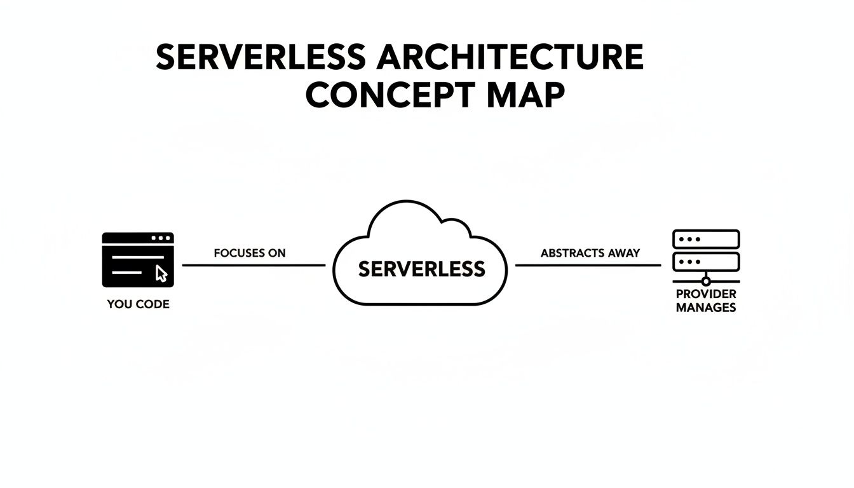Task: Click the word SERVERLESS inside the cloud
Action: pyautogui.click(x=421, y=269)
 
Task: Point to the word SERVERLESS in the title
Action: pyautogui.click(x=261, y=58)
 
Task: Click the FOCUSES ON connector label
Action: pyautogui.click(x=250, y=253)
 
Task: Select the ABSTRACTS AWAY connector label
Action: pyautogui.click(x=590, y=253)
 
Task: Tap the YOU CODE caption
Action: pyautogui.click(x=138, y=304)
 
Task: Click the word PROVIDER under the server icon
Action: pyautogui.click(x=706, y=294)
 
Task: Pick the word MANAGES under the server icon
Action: pyautogui.click(x=706, y=308)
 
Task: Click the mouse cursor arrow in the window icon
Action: pyautogui.click(x=161, y=273)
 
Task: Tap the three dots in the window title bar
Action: pyautogui.click(x=161, y=238)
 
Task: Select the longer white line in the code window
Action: pyautogui.click(x=137, y=257)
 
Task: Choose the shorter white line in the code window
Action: pyautogui.click(x=127, y=273)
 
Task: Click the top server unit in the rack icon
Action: pyautogui.click(x=706, y=240)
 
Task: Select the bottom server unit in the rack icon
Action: pyautogui.click(x=706, y=261)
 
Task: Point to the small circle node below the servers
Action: pyautogui.click(x=706, y=281)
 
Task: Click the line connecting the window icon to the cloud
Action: pyautogui.click(x=254, y=266)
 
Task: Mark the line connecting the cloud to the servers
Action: pyautogui.click(x=588, y=266)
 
